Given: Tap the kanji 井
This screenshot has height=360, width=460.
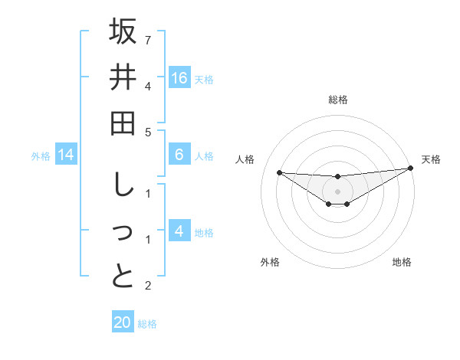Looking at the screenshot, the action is [123, 77].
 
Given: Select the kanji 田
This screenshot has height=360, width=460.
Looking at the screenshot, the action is [123, 123].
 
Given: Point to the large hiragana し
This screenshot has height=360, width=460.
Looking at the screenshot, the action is [123, 185].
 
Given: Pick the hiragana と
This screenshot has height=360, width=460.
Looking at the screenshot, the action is [123, 277].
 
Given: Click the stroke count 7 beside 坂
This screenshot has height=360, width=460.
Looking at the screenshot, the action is [148, 40].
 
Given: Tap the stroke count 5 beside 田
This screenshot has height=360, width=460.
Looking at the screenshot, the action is [148, 133].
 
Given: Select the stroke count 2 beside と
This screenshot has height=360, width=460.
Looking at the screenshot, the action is [148, 286].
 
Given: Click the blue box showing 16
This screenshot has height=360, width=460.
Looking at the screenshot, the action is [179, 77].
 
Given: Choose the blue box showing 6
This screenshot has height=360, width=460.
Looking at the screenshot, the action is [179, 155].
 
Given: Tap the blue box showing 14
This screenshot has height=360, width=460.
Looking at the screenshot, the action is [66, 155].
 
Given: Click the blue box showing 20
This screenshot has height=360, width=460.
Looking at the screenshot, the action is [123, 322].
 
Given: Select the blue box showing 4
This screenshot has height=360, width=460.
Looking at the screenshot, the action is [179, 231].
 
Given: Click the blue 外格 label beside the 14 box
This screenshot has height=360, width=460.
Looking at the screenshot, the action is [41, 156].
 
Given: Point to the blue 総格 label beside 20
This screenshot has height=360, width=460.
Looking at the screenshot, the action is [147, 323].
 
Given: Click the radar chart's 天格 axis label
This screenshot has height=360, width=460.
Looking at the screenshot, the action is [431, 159].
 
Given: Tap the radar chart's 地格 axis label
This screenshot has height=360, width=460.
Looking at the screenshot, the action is [402, 262].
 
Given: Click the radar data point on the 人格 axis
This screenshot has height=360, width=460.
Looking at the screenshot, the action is [279, 172].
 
